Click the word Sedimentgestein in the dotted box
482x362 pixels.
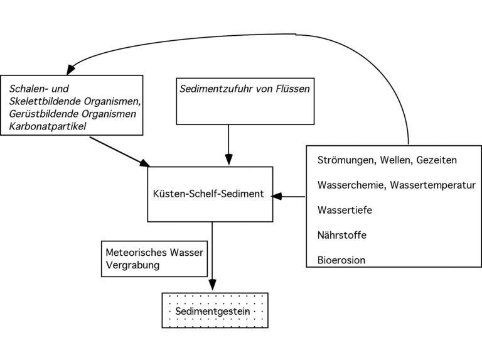tap(212, 311)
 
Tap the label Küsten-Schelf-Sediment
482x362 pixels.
tap(208, 194)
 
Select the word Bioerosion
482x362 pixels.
tap(341, 260)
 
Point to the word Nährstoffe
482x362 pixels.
tap(342, 235)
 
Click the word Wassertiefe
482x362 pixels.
tap(345, 210)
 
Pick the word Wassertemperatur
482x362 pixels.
tap(433, 185)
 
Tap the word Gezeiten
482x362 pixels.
tap(437, 160)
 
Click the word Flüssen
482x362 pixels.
tap(293, 89)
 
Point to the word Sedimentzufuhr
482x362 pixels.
tap(216, 89)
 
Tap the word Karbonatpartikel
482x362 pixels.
tap(47, 126)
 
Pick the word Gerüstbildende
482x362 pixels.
tap(44, 114)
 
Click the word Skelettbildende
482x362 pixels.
tap(45, 101)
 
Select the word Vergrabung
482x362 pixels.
tap(132, 265)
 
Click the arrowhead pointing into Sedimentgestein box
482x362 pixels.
tap(212, 285)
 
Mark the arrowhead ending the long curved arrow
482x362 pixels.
tap(70, 70)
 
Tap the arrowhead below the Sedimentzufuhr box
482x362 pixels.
tap(228, 160)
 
